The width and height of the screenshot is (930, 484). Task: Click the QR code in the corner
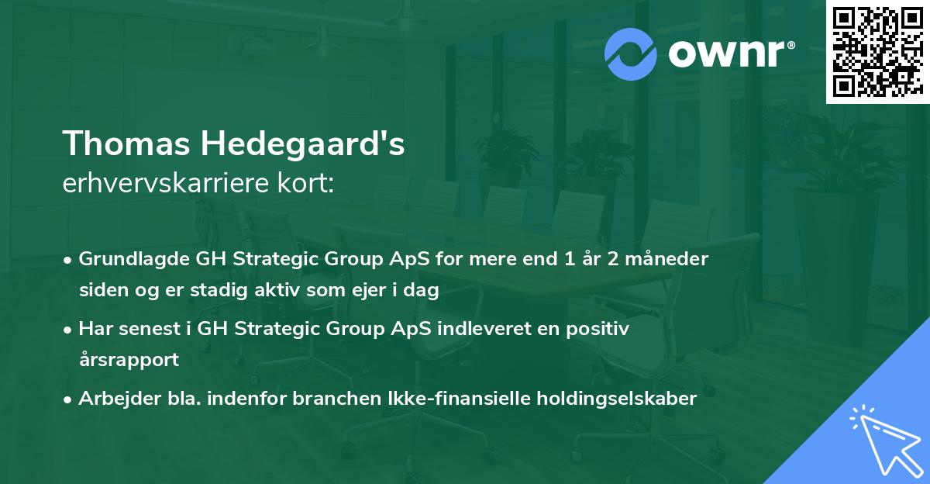(x=877, y=51)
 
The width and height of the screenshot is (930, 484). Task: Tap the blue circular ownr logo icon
(x=631, y=54)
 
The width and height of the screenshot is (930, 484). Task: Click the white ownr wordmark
(x=726, y=54)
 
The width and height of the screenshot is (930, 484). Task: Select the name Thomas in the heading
(x=126, y=143)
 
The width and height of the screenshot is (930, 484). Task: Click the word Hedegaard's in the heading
(x=303, y=143)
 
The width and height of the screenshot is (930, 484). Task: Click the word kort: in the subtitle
(x=305, y=183)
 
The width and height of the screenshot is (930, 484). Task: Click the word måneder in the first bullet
(x=666, y=259)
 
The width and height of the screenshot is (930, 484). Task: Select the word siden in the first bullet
(x=104, y=289)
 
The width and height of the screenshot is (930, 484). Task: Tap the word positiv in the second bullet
(x=598, y=330)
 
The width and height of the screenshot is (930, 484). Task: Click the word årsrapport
(x=129, y=360)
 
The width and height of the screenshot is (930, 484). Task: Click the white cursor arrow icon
(x=888, y=442)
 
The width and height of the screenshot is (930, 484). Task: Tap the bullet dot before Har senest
(x=67, y=330)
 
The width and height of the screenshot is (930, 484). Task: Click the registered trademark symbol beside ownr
(x=790, y=45)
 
